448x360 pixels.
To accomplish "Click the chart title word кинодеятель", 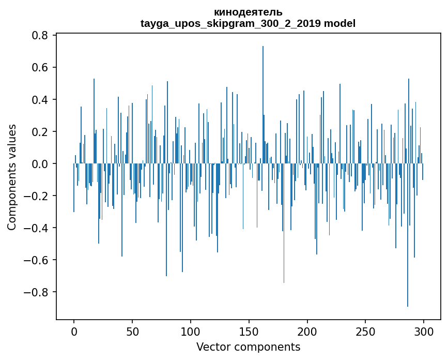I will coord(248,12).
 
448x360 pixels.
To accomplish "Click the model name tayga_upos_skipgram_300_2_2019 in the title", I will coord(231,23).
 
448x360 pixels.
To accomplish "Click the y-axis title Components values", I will coord(12,177).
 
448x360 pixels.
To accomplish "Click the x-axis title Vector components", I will coord(248,347).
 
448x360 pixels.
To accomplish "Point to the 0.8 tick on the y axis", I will coord(41,36).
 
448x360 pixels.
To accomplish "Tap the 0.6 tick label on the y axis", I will coord(41,68).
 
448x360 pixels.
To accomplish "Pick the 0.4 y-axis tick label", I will coord(41,100).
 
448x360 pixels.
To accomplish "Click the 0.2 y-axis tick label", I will coord(41,132).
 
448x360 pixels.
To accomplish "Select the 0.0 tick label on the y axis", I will coord(41,164).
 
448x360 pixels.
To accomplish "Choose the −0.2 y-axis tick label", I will coord(37,196).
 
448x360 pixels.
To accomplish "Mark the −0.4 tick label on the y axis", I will coord(37,228).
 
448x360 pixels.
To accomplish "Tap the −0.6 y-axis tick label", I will coord(37,260).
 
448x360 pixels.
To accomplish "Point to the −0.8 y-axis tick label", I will coord(37,292).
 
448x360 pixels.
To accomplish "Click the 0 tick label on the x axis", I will coord(74,331).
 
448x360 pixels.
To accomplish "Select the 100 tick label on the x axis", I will coord(191,331).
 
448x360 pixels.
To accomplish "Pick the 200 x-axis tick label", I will coord(307,331).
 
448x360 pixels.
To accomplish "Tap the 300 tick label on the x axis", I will coord(424,331).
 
